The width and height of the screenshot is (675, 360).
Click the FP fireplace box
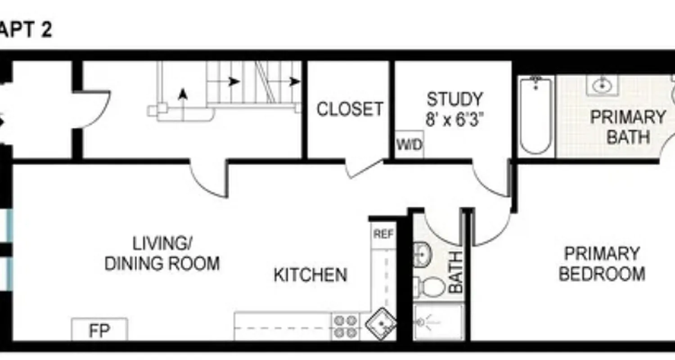click(x=99, y=330)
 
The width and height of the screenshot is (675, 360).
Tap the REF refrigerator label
click(x=383, y=234)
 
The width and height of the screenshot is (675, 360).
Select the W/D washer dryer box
click(x=409, y=144)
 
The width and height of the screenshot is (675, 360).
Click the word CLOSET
click(x=350, y=109)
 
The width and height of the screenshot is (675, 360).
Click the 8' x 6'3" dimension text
click(x=454, y=120)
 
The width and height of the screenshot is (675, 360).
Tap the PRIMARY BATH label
click(x=628, y=126)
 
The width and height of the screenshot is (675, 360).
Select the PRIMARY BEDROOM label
click(x=602, y=264)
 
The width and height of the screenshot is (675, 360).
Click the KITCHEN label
click(x=310, y=274)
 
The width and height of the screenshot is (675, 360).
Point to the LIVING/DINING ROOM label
click(x=162, y=254)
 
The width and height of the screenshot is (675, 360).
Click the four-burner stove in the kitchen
click(x=345, y=327)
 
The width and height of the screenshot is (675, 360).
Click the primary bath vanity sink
click(x=602, y=85)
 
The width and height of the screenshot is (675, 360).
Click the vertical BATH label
click(x=456, y=272)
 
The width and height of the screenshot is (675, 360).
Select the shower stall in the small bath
click(x=438, y=322)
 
